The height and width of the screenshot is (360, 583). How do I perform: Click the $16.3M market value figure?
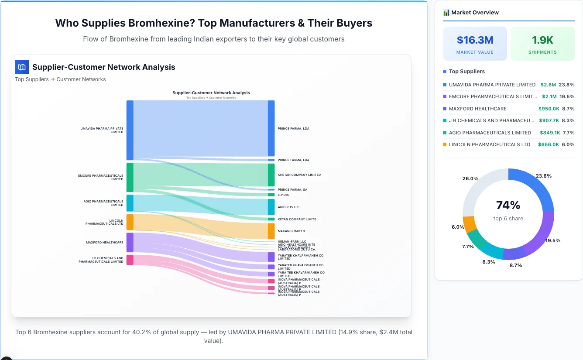pyautogui.click(x=475, y=40)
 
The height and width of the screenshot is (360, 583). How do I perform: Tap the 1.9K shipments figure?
pyautogui.click(x=542, y=40)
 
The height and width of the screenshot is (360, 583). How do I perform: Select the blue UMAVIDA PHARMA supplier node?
pyautogui.click(x=130, y=130)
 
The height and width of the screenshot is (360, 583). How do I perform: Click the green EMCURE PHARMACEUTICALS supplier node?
pyautogui.click(x=130, y=177)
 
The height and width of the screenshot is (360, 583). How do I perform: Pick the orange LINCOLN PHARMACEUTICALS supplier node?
pyautogui.click(x=130, y=222)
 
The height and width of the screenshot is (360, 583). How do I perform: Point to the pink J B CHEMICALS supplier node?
pyautogui.click(x=130, y=260)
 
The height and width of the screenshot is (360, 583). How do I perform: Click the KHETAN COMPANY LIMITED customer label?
pyautogui.click(x=299, y=175)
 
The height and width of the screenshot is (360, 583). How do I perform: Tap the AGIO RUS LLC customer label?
pyautogui.click(x=288, y=207)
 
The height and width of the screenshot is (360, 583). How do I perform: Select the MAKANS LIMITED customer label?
pyautogui.click(x=291, y=231)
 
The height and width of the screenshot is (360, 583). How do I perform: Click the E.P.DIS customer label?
pyautogui.click(x=283, y=195)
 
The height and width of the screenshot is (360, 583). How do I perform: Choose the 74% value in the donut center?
pyautogui.click(x=508, y=205)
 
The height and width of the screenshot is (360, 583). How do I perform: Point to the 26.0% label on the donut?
pyautogui.click(x=470, y=178)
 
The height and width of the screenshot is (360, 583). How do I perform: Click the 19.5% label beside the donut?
pyautogui.click(x=553, y=240)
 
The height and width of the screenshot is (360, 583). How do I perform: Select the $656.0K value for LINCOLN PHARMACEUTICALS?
pyautogui.click(x=548, y=144)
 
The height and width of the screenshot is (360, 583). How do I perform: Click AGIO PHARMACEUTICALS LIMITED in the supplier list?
pyautogui.click(x=490, y=133)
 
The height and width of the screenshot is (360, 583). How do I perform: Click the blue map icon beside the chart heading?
pyautogui.click(x=22, y=67)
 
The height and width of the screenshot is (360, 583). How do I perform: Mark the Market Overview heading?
pyautogui.click(x=474, y=12)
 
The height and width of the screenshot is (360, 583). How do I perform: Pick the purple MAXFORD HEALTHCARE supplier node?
pyautogui.click(x=130, y=242)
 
